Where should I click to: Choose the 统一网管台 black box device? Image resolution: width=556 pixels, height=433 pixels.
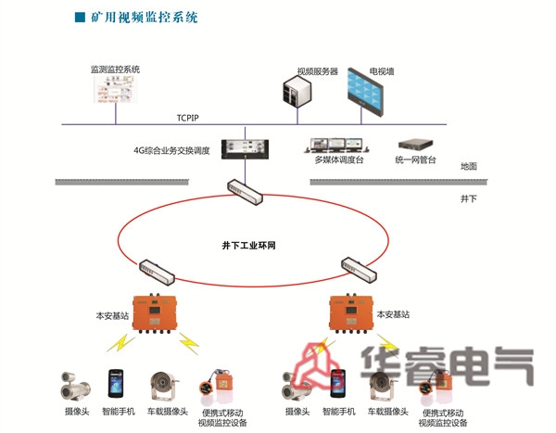(x=417, y=146)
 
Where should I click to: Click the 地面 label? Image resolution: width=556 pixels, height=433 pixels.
(x=468, y=167)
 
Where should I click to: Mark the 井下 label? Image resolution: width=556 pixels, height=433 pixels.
(x=468, y=198)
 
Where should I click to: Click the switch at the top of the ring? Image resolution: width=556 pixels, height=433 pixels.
(x=245, y=191)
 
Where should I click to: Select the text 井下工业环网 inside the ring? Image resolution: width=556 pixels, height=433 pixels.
(x=249, y=246)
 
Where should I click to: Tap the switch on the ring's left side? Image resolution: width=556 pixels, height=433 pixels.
(x=156, y=272)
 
